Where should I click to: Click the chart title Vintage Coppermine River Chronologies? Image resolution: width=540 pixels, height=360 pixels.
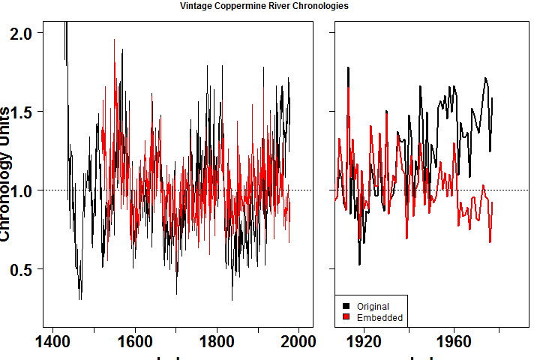(264, 6)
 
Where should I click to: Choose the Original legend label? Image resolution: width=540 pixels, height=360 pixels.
(373, 307)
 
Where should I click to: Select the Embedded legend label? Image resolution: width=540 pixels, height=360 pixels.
(379, 318)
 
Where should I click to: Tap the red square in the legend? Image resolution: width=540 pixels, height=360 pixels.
(346, 318)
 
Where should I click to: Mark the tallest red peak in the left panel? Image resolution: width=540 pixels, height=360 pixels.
(114, 40)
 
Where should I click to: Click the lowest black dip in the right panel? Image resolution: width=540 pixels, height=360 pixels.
(359, 264)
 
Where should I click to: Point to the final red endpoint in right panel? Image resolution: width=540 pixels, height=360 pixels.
(493, 203)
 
